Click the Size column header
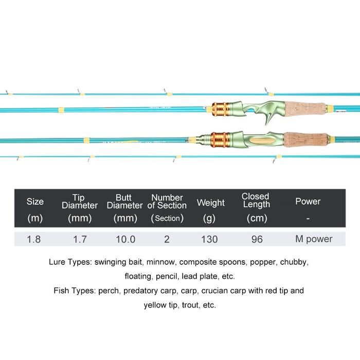point(35,202)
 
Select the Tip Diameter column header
point(80,202)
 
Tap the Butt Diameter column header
point(124,202)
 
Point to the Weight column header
point(210,203)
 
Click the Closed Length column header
point(256,201)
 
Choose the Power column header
point(308,202)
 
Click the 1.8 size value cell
point(34,239)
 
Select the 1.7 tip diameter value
point(80,239)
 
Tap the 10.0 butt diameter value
point(125,239)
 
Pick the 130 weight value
point(209,239)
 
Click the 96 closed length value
point(257,239)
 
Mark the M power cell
point(314,239)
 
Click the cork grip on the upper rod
point(305,109)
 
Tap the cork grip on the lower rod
point(306,139)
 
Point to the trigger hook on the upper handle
point(268,119)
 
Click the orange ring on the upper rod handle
point(221,109)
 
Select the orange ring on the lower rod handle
point(220,139)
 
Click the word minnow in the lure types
point(161,262)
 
